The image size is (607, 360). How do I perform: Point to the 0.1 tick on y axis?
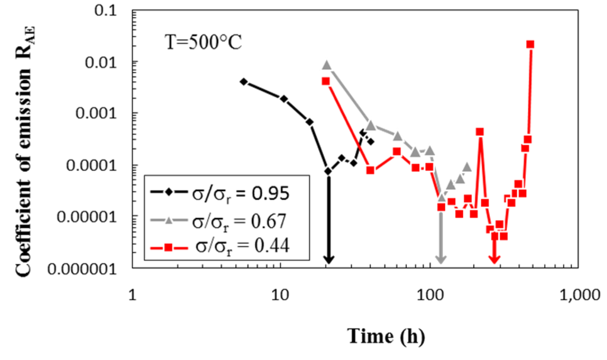click(113, 11)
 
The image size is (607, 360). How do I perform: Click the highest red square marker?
click(531, 44)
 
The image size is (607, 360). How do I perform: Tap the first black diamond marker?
click(244, 81)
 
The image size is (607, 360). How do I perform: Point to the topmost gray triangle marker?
click(326, 65)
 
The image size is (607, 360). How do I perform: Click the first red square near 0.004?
click(325, 81)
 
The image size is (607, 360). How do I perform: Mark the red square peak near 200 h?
click(480, 132)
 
